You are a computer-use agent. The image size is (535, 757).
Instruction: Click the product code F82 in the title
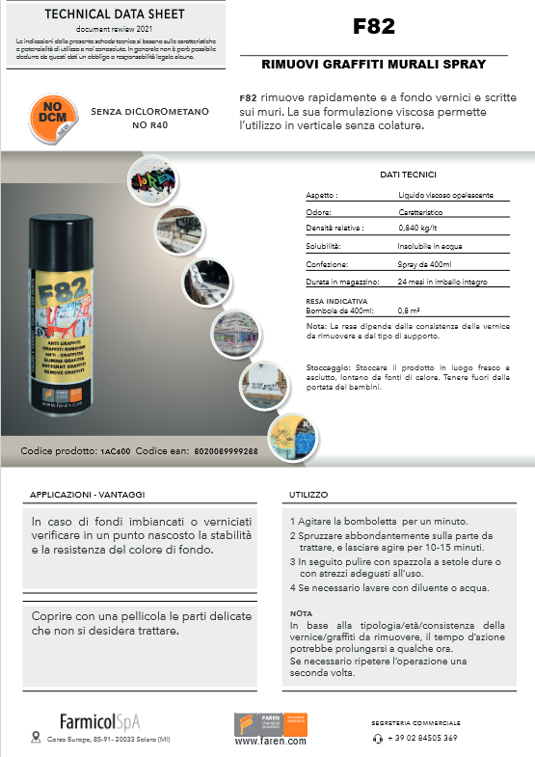pyautogui.click(x=373, y=27)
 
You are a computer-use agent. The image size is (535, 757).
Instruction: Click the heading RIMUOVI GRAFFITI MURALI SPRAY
pyautogui.click(x=373, y=65)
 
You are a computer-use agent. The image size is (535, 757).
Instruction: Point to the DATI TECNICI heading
pyautogui.click(x=409, y=175)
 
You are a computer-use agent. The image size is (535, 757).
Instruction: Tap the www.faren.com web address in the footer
pyautogui.click(x=271, y=742)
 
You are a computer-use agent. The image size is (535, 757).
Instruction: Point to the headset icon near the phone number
pyautogui.click(x=377, y=738)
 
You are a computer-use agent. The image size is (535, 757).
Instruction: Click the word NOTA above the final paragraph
pyautogui.click(x=301, y=612)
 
